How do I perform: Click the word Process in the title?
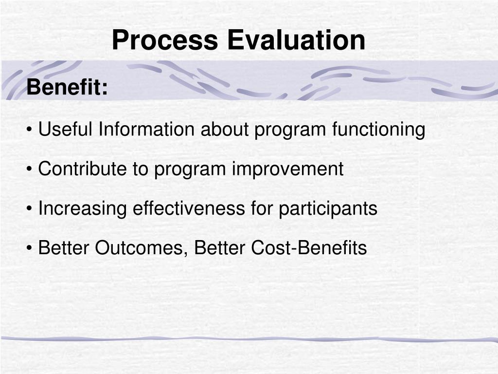click(x=164, y=40)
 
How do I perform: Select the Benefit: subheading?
click(x=67, y=88)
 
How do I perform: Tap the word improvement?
click(x=287, y=169)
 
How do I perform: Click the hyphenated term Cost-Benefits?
click(x=309, y=248)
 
